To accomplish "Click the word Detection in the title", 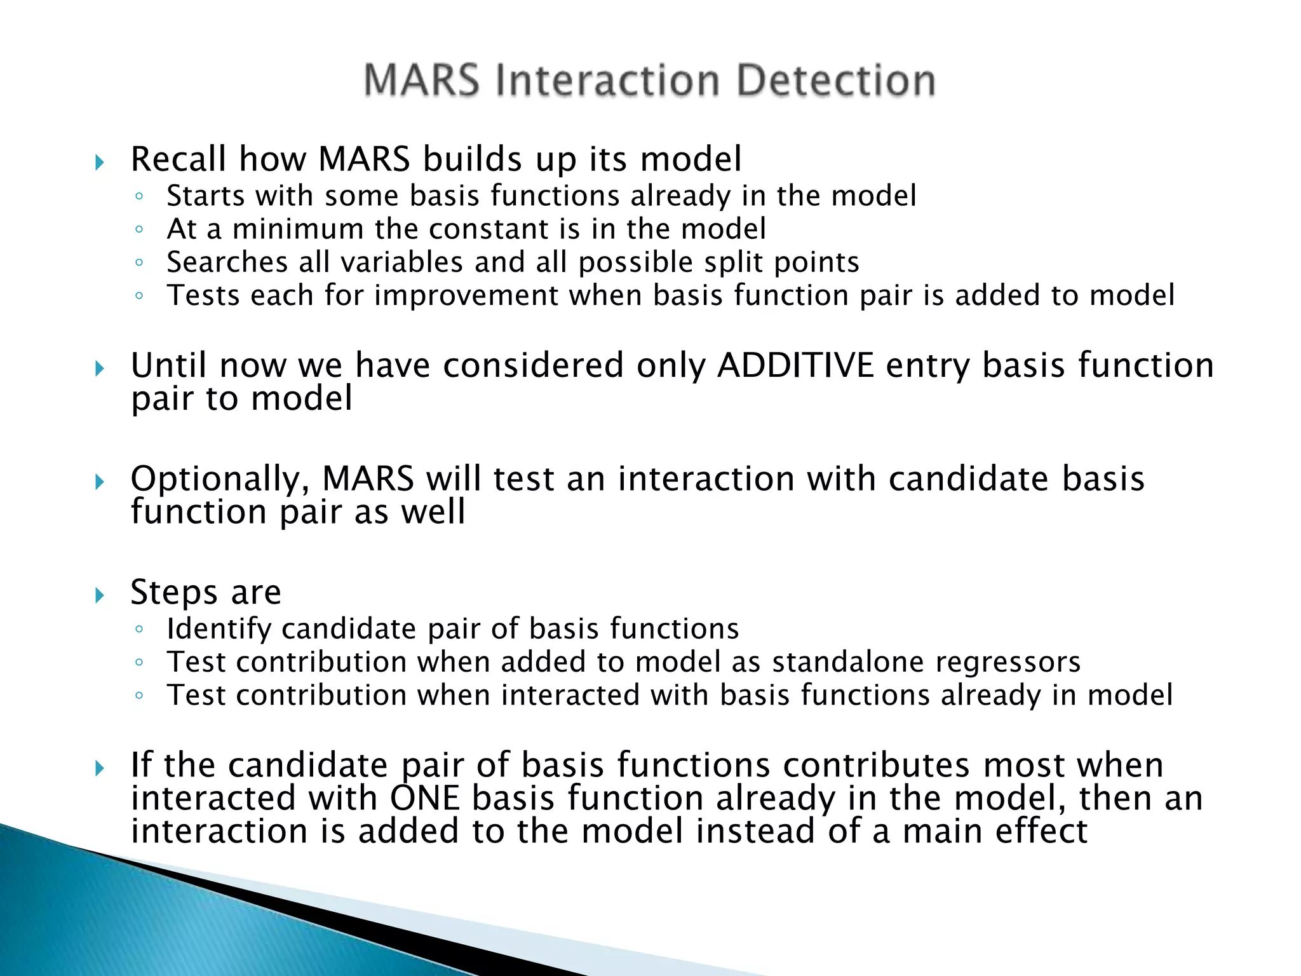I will tap(835, 81).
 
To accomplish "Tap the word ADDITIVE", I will tap(795, 365).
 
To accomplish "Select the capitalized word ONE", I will tap(424, 798).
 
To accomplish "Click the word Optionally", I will tap(220, 479).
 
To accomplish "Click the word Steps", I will tap(174, 592).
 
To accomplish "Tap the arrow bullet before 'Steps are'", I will tap(99, 595).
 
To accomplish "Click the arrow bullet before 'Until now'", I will tap(99, 368).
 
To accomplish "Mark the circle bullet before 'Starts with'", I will tap(139, 196).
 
